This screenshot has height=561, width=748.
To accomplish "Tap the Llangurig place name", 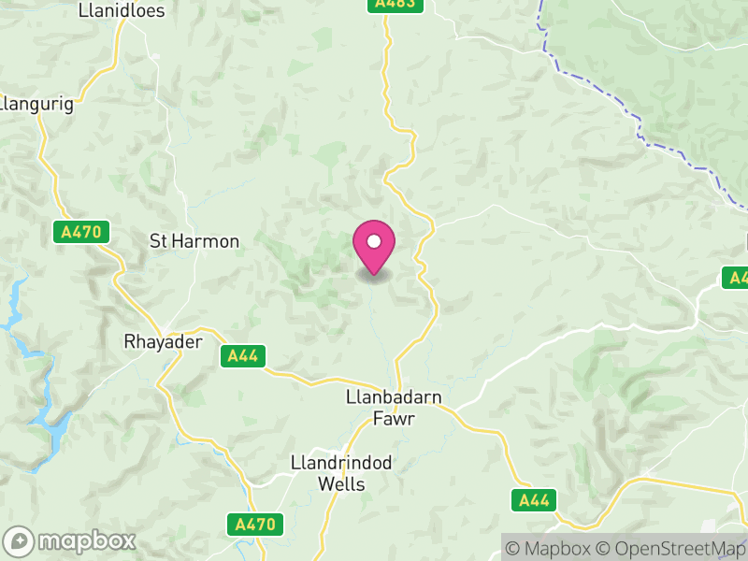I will pyautogui.click(x=37, y=104).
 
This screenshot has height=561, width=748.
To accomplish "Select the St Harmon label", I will pyautogui.click(x=194, y=241).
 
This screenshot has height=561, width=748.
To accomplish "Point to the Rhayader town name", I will pyautogui.click(x=164, y=342).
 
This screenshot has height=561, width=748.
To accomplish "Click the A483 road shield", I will pyautogui.click(x=394, y=5).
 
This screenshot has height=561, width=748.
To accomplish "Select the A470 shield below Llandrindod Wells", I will pyautogui.click(x=255, y=525).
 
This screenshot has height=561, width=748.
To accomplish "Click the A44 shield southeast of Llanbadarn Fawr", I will pyautogui.click(x=535, y=500).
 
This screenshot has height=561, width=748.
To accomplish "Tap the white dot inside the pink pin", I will pyautogui.click(x=374, y=241).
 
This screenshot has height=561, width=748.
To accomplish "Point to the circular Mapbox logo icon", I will pyautogui.click(x=19, y=540).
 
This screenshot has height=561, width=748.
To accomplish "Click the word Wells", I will pyautogui.click(x=340, y=484).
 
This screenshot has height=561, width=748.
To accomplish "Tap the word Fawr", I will pyautogui.click(x=393, y=419).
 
